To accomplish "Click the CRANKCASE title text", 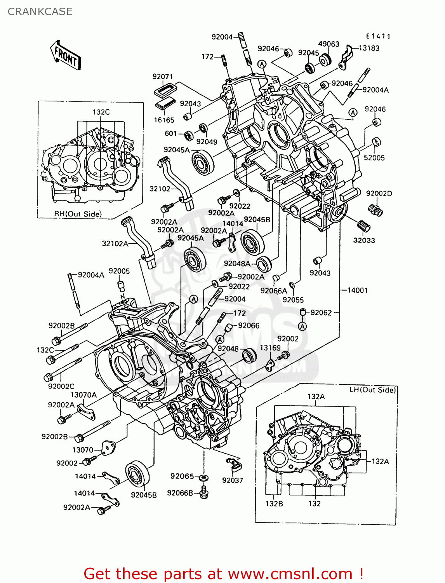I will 40,12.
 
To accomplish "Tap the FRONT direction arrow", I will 65,56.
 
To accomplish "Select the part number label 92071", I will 162,77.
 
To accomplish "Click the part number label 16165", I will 164,120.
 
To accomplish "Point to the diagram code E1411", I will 378,36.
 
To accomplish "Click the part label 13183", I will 369,48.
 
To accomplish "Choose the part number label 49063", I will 329,44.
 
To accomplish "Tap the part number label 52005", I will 374,157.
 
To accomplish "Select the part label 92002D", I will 379,193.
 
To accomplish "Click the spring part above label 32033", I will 363,226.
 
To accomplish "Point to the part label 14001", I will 357,290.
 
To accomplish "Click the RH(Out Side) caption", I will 78,214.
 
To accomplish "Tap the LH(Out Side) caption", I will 372,390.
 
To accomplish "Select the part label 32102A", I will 115,243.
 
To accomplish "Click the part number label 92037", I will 232,480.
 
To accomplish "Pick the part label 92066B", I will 180,493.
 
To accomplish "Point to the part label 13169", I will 270,348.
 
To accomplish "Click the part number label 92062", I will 321,312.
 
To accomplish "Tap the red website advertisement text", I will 224,574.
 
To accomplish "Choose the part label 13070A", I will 83,395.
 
